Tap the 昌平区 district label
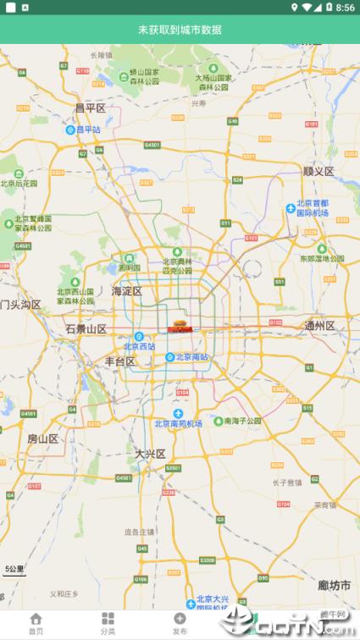click(x=90, y=108)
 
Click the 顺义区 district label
click(x=318, y=171)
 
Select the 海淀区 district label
click(x=126, y=291)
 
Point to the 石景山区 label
click(x=86, y=328)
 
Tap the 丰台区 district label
click(x=119, y=361)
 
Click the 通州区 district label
click(x=320, y=326)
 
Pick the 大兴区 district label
click(x=151, y=454)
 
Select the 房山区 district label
click(x=42, y=439)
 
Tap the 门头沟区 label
click(x=20, y=304)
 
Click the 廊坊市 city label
click(x=334, y=585)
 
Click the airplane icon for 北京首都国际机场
click(x=291, y=207)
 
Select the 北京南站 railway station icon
click(x=169, y=357)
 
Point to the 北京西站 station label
click(x=140, y=346)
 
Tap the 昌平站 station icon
click(x=70, y=130)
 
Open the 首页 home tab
click(x=36, y=624)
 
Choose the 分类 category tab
click(x=108, y=624)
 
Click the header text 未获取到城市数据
click(x=180, y=30)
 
